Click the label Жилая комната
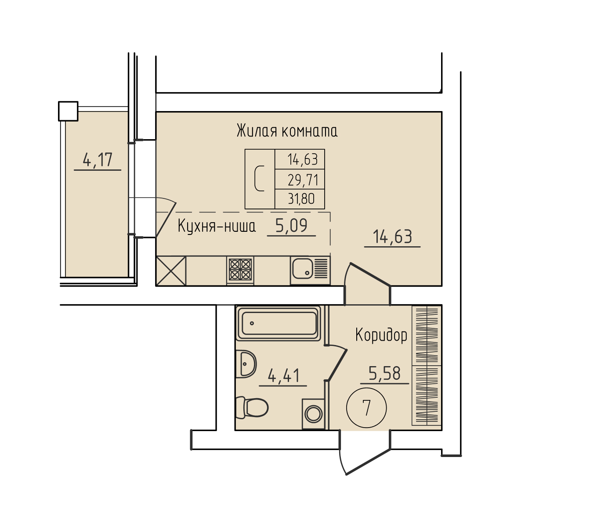pos(287,131)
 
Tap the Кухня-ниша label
pos(217,226)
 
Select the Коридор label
pos(381,335)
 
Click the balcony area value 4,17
pos(98,160)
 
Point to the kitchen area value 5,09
pos(291,226)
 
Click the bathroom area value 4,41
pos(283,376)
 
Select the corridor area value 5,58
pos(384,374)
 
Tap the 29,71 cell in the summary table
pos(300,179)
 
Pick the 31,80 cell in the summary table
pos(300,199)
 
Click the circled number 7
pos(366,408)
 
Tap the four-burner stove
pos(240,270)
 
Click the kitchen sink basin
pos(303,269)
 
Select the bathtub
pos(279,323)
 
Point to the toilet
pos(252,408)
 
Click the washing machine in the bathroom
pos(313,414)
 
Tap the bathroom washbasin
pos(246,364)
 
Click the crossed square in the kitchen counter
pos(171,271)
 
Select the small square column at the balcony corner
pos(68,111)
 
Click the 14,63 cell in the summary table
pos(300,159)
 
